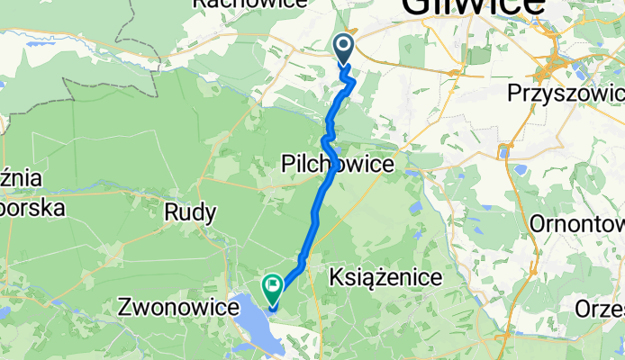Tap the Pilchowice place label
[338, 165]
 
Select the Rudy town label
[191, 213]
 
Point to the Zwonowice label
[178, 308]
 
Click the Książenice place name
[386, 278]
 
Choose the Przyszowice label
[566, 94]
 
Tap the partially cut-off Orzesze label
[602, 308]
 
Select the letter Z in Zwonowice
[126, 308]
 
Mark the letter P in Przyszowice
[514, 94]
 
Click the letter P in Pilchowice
[287, 165]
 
